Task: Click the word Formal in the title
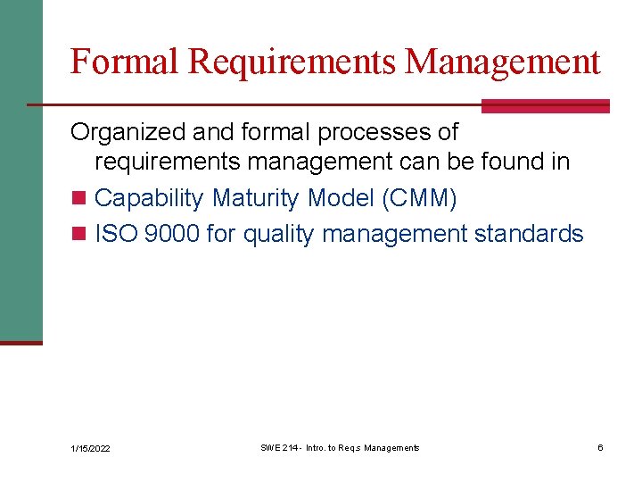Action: pyautogui.click(x=126, y=62)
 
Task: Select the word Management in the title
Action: pyautogui.click(x=503, y=62)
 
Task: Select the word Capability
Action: pyautogui.click(x=149, y=198)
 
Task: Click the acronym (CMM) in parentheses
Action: pyautogui.click(x=419, y=198)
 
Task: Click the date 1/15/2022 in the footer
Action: pyautogui.click(x=90, y=448)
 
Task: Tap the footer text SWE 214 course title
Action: pyautogui.click(x=340, y=447)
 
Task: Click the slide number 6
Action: pyautogui.click(x=600, y=447)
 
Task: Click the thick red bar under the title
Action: pyautogui.click(x=545, y=106)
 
